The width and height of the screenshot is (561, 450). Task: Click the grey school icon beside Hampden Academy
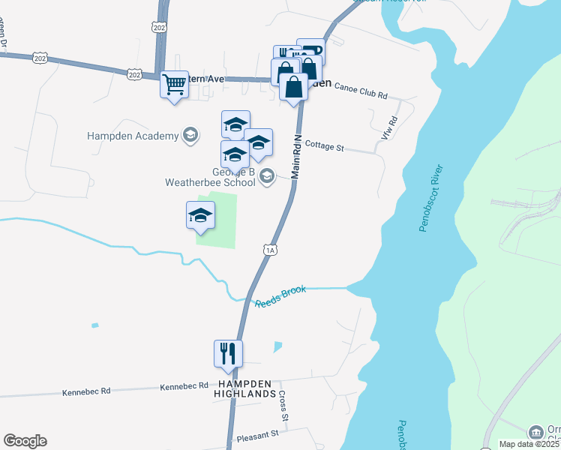coord(190,135)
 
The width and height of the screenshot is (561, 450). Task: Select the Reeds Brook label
coord(280,295)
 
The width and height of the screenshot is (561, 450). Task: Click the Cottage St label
coord(324,147)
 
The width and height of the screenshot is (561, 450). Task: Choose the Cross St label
coord(283,405)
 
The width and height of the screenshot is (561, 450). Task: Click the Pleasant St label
coord(256,434)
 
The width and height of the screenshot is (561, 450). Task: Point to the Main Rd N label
coord(297,154)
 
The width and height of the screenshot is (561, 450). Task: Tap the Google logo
coord(25,441)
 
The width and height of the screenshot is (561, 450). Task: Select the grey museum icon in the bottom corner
coord(535,432)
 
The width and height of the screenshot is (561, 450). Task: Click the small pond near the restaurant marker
coord(278,346)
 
